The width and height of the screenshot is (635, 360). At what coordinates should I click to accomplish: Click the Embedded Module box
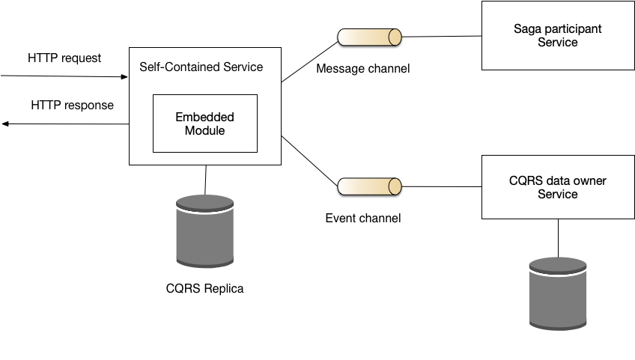pyautogui.click(x=205, y=123)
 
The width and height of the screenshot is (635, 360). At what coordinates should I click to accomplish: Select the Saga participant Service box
pyautogui.click(x=558, y=36)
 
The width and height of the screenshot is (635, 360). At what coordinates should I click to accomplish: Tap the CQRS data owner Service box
pyautogui.click(x=558, y=187)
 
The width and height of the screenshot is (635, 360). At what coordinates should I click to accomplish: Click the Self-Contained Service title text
pyautogui.click(x=201, y=67)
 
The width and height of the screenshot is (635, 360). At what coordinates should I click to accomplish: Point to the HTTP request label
pyautogui.click(x=64, y=58)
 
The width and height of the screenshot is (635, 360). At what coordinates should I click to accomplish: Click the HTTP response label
pyautogui.click(x=72, y=106)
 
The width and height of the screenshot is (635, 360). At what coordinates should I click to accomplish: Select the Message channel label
pyautogui.click(x=363, y=68)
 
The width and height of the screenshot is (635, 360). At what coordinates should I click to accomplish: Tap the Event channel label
pyautogui.click(x=363, y=219)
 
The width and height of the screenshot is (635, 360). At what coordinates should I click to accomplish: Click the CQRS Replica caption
pyautogui.click(x=204, y=288)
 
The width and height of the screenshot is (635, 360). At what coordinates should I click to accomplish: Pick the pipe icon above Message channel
pyautogui.click(x=369, y=37)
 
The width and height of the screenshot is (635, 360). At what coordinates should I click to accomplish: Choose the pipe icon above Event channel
pyautogui.click(x=369, y=186)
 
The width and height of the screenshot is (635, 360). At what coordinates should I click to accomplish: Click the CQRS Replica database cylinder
pyautogui.click(x=205, y=231)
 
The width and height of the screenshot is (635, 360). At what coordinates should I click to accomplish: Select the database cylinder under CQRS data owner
pyautogui.click(x=558, y=293)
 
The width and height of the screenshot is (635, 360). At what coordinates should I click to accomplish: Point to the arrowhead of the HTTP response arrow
pyautogui.click(x=4, y=123)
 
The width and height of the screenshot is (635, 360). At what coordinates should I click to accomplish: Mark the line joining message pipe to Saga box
pyautogui.click(x=441, y=37)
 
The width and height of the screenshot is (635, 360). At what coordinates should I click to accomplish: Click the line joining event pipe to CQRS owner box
pyautogui.click(x=441, y=186)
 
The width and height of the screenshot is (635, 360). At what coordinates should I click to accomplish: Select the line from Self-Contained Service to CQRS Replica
pyautogui.click(x=205, y=180)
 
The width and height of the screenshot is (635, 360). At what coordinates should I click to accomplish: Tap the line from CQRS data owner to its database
pyautogui.click(x=558, y=238)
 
